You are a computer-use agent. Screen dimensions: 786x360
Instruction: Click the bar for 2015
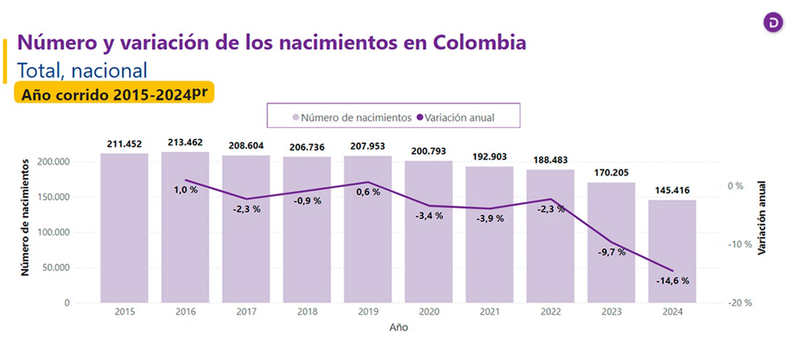124,228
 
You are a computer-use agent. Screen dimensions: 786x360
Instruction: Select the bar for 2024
672,251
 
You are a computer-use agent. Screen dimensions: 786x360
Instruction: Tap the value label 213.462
185,142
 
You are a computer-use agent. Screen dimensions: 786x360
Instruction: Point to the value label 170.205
611,173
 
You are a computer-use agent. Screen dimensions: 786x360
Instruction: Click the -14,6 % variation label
673,281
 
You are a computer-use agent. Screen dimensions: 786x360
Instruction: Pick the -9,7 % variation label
612,252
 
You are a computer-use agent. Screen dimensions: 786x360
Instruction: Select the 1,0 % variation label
186,190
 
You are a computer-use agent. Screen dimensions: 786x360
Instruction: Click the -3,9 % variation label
490,219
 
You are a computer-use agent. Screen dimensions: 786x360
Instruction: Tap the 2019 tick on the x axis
368,312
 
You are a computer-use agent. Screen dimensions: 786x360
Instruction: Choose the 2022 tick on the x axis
551,312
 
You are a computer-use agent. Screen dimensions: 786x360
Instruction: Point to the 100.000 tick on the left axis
54,232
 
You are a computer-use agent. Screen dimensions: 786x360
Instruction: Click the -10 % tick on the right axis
740,244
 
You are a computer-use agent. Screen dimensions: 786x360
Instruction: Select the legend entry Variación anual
456,117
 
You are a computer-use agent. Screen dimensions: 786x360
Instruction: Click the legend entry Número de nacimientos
352,117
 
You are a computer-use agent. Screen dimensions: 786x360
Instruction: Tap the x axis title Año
399,327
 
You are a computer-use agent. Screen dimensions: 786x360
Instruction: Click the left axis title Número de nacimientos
25,218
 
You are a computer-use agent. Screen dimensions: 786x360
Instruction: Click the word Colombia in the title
479,43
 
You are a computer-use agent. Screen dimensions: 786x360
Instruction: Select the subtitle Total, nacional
82,71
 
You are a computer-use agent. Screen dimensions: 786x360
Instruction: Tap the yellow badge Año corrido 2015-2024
114,93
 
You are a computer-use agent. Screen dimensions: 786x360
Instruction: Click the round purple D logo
773,22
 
